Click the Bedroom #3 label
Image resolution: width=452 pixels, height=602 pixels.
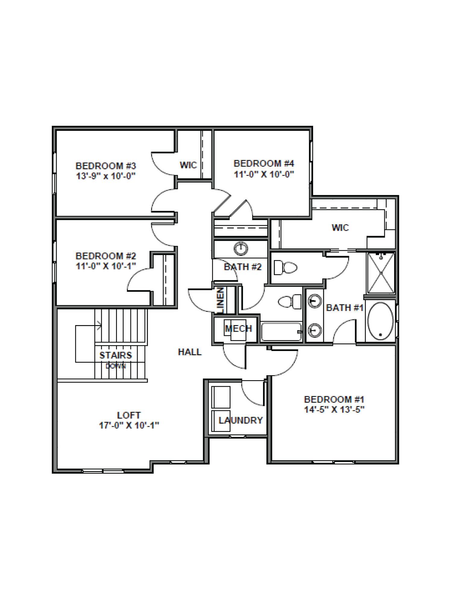(x=106, y=166)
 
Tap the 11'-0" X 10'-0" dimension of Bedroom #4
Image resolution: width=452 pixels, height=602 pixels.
(x=264, y=174)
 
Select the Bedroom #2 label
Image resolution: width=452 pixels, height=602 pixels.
(x=106, y=256)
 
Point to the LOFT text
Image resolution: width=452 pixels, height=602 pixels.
(x=129, y=415)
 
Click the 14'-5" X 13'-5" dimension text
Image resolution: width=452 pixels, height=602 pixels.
(x=334, y=410)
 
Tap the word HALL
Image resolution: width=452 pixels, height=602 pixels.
(x=190, y=352)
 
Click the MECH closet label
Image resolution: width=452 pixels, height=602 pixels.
(x=238, y=328)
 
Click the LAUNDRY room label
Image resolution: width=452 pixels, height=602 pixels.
(x=241, y=420)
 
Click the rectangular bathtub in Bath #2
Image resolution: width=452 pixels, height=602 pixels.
(x=281, y=332)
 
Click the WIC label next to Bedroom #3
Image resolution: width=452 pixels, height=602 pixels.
(x=188, y=165)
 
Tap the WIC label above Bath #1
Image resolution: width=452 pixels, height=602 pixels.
(x=340, y=228)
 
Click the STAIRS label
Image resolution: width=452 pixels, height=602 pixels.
(x=116, y=355)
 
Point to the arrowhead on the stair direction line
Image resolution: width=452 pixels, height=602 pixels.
(x=99, y=324)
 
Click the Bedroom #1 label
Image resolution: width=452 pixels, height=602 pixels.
(x=334, y=399)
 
